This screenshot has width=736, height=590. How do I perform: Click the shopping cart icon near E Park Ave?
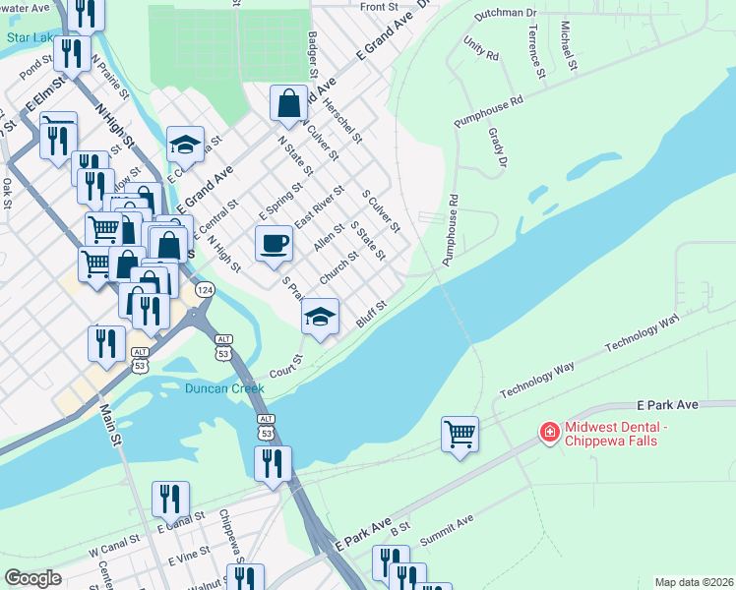460,434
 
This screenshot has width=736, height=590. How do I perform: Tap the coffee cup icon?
274,242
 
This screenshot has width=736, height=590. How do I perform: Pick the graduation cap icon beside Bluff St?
320,317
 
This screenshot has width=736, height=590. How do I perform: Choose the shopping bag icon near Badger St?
288,103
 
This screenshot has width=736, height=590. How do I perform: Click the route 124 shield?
205,290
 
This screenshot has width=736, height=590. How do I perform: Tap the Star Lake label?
30,38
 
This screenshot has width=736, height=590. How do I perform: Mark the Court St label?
284,365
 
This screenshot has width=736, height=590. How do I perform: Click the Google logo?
33,577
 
